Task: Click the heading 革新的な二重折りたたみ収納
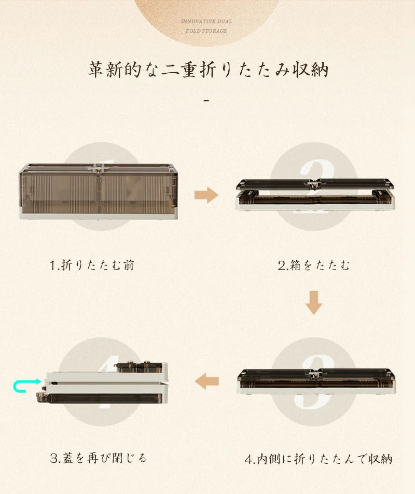(x=208, y=70)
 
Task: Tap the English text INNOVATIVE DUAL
(x=206, y=21)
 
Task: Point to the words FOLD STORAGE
(x=206, y=31)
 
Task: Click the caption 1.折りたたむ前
(x=92, y=265)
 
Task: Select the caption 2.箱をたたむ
(x=314, y=265)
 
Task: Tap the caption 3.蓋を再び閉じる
(x=99, y=458)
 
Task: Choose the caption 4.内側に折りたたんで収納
(x=319, y=459)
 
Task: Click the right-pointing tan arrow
(x=206, y=195)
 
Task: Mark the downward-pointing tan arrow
(x=314, y=302)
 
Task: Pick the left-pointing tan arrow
(x=206, y=381)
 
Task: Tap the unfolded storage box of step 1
(x=98, y=192)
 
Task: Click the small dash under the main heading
(x=206, y=100)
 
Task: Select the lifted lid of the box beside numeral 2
(x=315, y=184)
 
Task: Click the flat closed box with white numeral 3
(x=316, y=381)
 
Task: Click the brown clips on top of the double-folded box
(x=139, y=367)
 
